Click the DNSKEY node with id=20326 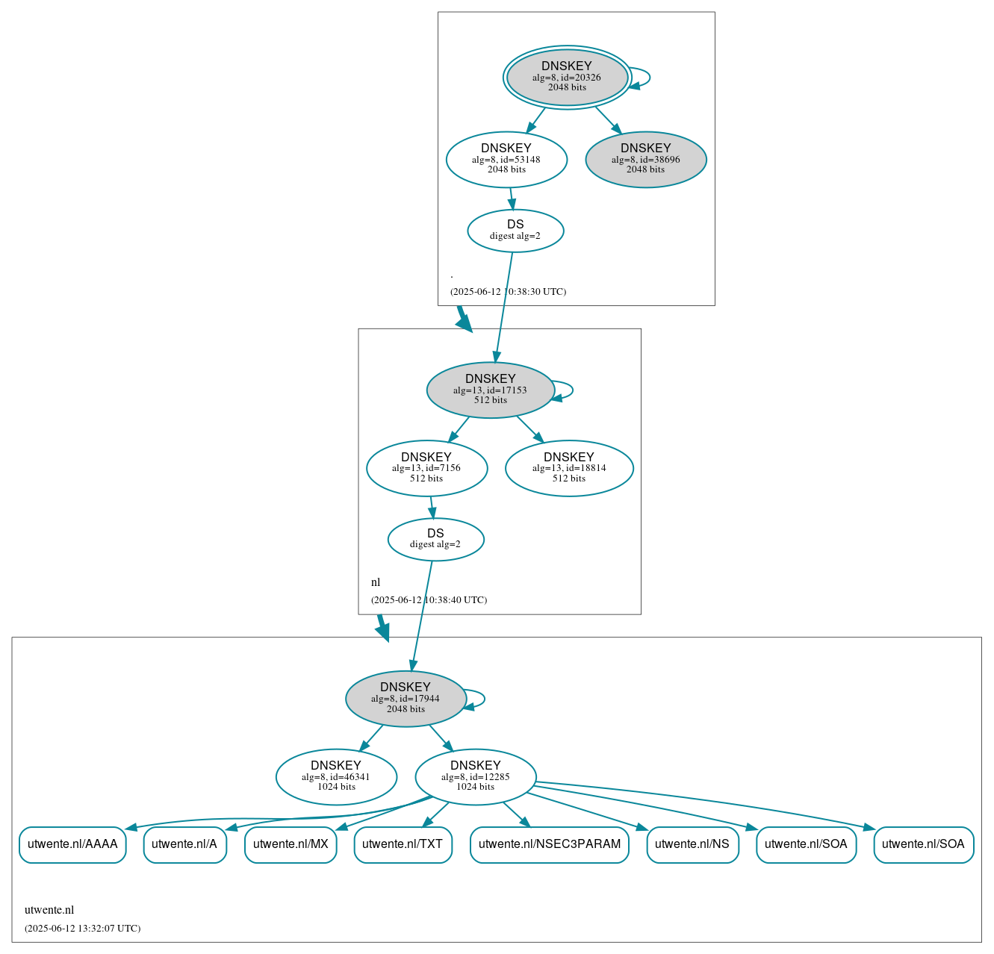pos(567,77)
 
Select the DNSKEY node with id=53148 pos(506,159)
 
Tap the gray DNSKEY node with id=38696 pos(645,159)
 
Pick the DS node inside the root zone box pos(515,231)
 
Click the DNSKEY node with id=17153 pos(490,390)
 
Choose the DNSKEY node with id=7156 pos(426,468)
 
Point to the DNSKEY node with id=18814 pos(569,468)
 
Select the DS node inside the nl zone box pos(435,539)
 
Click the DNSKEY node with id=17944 pos(406,698)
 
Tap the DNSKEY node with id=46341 pos(336,776)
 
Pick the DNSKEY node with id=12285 pos(475,776)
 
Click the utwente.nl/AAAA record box pos(72,844)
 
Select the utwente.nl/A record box pos(184,844)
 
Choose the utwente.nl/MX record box pos(291,844)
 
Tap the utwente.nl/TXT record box pos(403,844)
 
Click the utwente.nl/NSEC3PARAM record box pos(549,844)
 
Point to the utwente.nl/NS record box pos(692,844)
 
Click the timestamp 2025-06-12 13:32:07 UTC pos(82,929)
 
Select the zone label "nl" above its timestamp pos(376,582)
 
